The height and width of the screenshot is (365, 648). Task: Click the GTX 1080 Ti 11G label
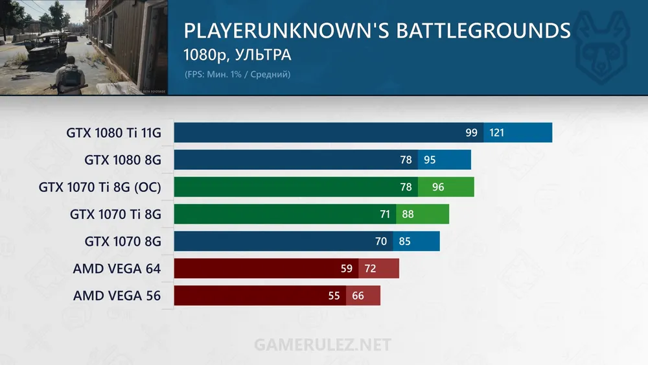click(x=113, y=133)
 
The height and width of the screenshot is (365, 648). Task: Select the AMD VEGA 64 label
click(x=117, y=268)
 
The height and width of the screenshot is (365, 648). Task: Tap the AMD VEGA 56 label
click(x=117, y=296)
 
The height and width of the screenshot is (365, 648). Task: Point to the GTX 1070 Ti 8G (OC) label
click(x=100, y=187)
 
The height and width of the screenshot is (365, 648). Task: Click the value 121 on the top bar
click(x=497, y=133)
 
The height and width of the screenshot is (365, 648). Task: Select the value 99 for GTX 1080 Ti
click(x=471, y=133)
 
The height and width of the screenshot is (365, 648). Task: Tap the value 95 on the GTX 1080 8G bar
click(x=430, y=160)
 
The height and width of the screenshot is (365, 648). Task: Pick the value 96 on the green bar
click(x=438, y=187)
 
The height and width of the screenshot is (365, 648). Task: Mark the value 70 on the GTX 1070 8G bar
click(x=381, y=241)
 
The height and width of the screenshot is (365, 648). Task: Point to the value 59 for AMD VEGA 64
click(x=347, y=268)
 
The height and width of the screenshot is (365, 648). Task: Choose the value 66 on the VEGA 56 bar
click(x=358, y=296)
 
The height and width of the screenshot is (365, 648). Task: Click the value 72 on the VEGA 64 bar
click(x=371, y=268)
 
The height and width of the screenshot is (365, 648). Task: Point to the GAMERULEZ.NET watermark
click(x=323, y=343)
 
